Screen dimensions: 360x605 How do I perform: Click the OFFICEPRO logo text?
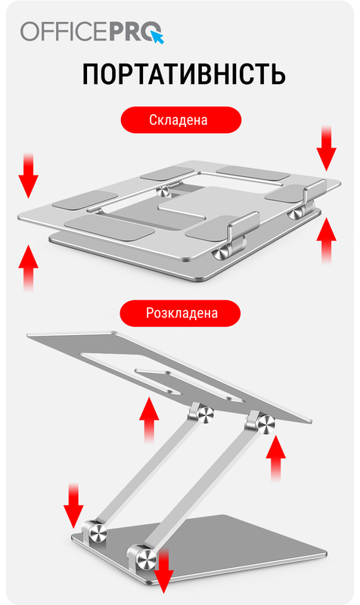click(92, 32)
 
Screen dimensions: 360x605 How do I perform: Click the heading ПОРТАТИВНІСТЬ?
click(184, 74)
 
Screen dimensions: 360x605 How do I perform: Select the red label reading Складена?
click(181, 120)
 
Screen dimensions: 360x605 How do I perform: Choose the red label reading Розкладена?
click(181, 313)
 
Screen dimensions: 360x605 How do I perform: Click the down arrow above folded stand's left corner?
click(29, 175)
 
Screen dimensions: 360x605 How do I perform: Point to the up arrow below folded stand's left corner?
click(29, 268)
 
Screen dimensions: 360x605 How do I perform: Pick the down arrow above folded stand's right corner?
click(327, 148)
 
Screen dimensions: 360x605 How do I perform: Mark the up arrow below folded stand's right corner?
click(327, 240)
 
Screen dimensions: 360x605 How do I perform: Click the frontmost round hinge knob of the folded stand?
click(221, 255)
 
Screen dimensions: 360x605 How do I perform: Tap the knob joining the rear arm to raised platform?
click(206, 414)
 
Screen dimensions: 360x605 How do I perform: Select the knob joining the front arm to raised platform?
click(266, 424)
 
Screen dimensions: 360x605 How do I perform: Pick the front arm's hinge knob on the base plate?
click(146, 559)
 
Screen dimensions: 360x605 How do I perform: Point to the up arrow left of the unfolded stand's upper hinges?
click(149, 420)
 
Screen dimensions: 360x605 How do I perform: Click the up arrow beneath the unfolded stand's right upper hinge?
click(276, 458)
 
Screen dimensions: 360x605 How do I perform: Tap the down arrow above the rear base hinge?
click(73, 505)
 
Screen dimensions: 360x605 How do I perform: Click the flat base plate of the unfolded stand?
click(239, 548)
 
